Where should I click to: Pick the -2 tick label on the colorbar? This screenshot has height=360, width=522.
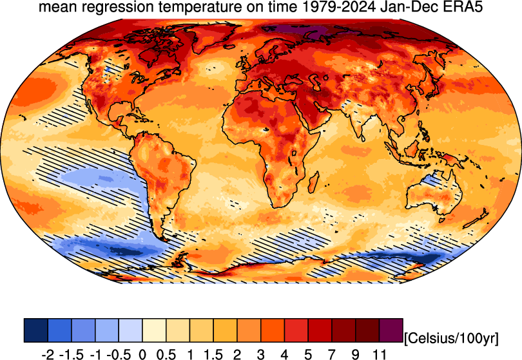coord(46,354)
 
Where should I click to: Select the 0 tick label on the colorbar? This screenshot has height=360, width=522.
coord(142,354)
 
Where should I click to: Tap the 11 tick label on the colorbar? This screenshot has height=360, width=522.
coord(380,354)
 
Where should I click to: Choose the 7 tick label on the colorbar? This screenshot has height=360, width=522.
coord(332,354)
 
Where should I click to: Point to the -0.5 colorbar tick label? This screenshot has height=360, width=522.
coord(117,354)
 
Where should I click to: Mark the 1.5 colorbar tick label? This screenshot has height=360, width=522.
coord(213,354)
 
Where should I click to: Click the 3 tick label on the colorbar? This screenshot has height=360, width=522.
coord(261,354)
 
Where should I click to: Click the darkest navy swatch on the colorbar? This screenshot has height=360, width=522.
coord(35,330)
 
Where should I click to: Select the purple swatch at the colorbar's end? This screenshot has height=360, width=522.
coord(391,330)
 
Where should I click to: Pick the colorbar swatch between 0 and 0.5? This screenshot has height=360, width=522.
coord(154,330)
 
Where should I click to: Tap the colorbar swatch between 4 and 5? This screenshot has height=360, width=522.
coord(296,330)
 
